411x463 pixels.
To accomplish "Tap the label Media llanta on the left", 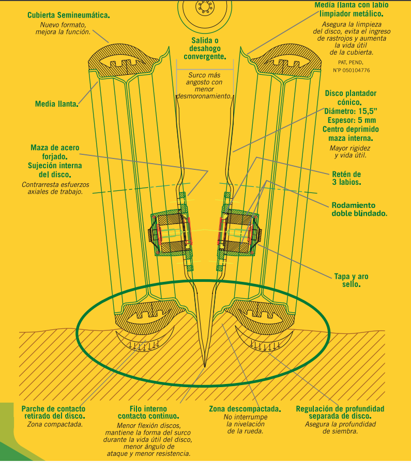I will (56, 104).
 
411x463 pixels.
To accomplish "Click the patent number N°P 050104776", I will (352, 70).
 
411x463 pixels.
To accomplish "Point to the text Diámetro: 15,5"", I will (351, 111).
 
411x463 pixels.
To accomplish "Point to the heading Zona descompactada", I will (245, 409).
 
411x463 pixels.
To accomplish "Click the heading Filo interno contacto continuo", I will (148, 412).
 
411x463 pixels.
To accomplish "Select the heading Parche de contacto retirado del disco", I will (53, 412).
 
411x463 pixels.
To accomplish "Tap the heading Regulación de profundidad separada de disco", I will (340, 412).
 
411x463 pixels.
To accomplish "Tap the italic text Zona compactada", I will (53, 424).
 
